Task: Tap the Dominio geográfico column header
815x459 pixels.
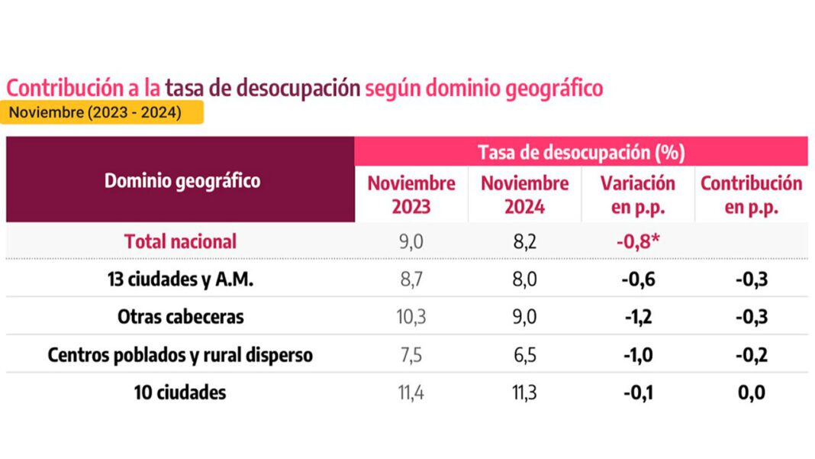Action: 182,181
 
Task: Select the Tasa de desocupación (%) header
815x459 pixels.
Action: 581,152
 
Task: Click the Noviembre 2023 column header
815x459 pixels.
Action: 411,195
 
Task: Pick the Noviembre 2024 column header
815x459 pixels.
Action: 524,195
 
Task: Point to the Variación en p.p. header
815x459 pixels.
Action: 638,195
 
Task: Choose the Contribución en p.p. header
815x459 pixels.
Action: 751,195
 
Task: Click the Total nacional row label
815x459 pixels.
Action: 180,241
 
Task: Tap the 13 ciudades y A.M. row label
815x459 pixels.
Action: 180,280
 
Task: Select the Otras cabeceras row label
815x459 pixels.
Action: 180,317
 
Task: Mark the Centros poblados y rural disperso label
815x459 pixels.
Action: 180,355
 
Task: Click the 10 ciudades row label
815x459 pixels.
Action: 180,393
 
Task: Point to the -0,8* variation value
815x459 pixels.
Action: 638,241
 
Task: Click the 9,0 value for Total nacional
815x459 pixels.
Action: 411,241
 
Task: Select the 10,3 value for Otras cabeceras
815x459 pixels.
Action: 411,317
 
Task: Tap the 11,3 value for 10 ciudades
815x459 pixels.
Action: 524,393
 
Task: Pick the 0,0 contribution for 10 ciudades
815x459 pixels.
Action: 751,393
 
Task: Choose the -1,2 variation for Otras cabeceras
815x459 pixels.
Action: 638,317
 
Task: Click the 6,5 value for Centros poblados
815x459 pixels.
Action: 524,355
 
